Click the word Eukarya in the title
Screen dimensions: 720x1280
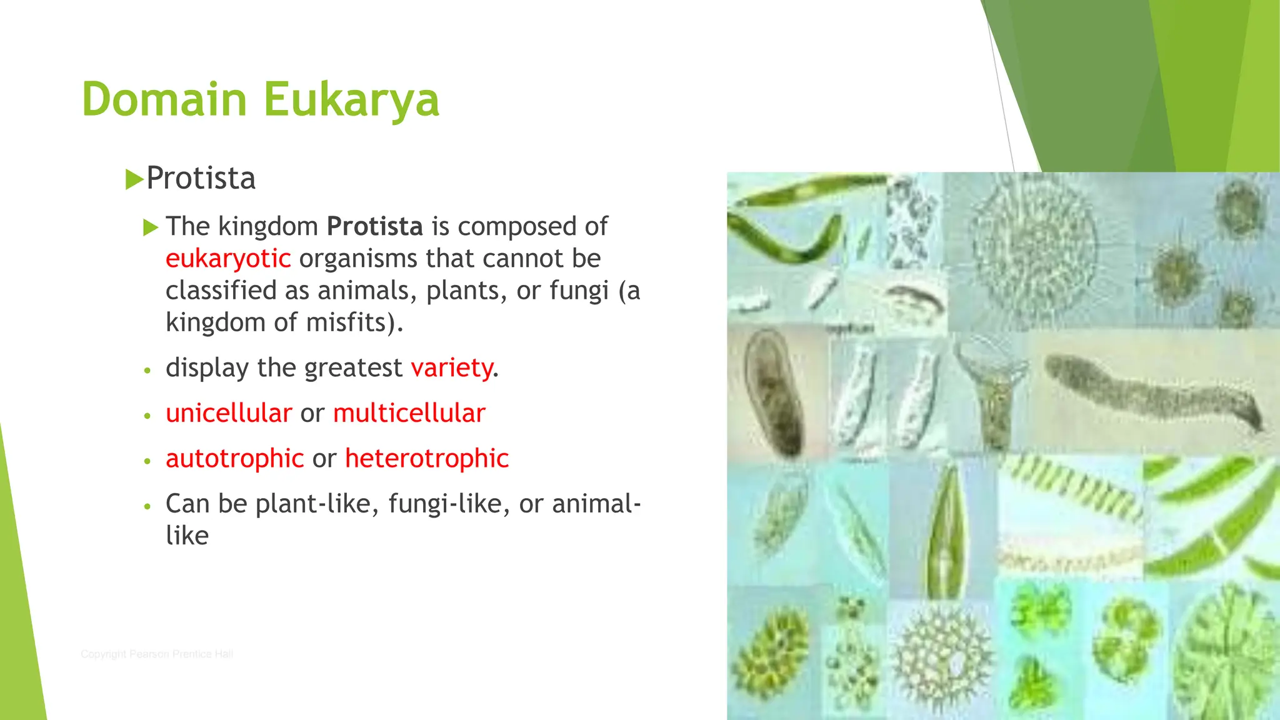pos(351,100)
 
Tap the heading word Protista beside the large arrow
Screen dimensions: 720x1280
pos(201,179)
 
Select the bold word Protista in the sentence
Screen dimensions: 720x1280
pos(375,226)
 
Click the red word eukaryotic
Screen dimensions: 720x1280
pos(228,259)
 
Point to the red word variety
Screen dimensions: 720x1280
pos(452,368)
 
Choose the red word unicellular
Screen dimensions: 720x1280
pos(229,413)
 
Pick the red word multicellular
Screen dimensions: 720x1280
pos(409,413)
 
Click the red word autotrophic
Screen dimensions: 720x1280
pos(234,459)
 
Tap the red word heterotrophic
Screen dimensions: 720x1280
pos(427,459)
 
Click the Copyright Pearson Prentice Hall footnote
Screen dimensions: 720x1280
pos(157,654)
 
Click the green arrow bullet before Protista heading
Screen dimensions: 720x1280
pos(134,179)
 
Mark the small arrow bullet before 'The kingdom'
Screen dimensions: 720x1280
pos(151,227)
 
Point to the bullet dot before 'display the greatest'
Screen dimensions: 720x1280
pos(147,370)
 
